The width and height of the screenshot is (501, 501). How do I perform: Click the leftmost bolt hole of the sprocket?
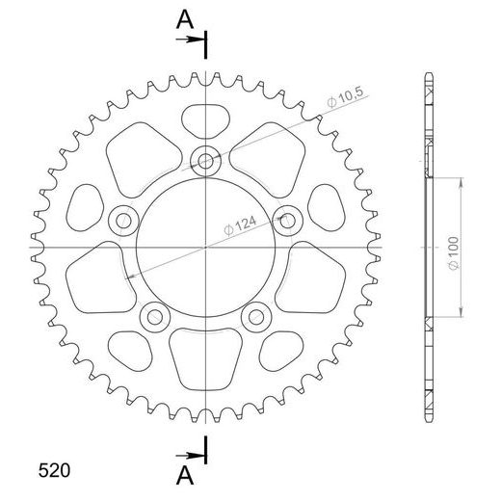coord(123,220)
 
